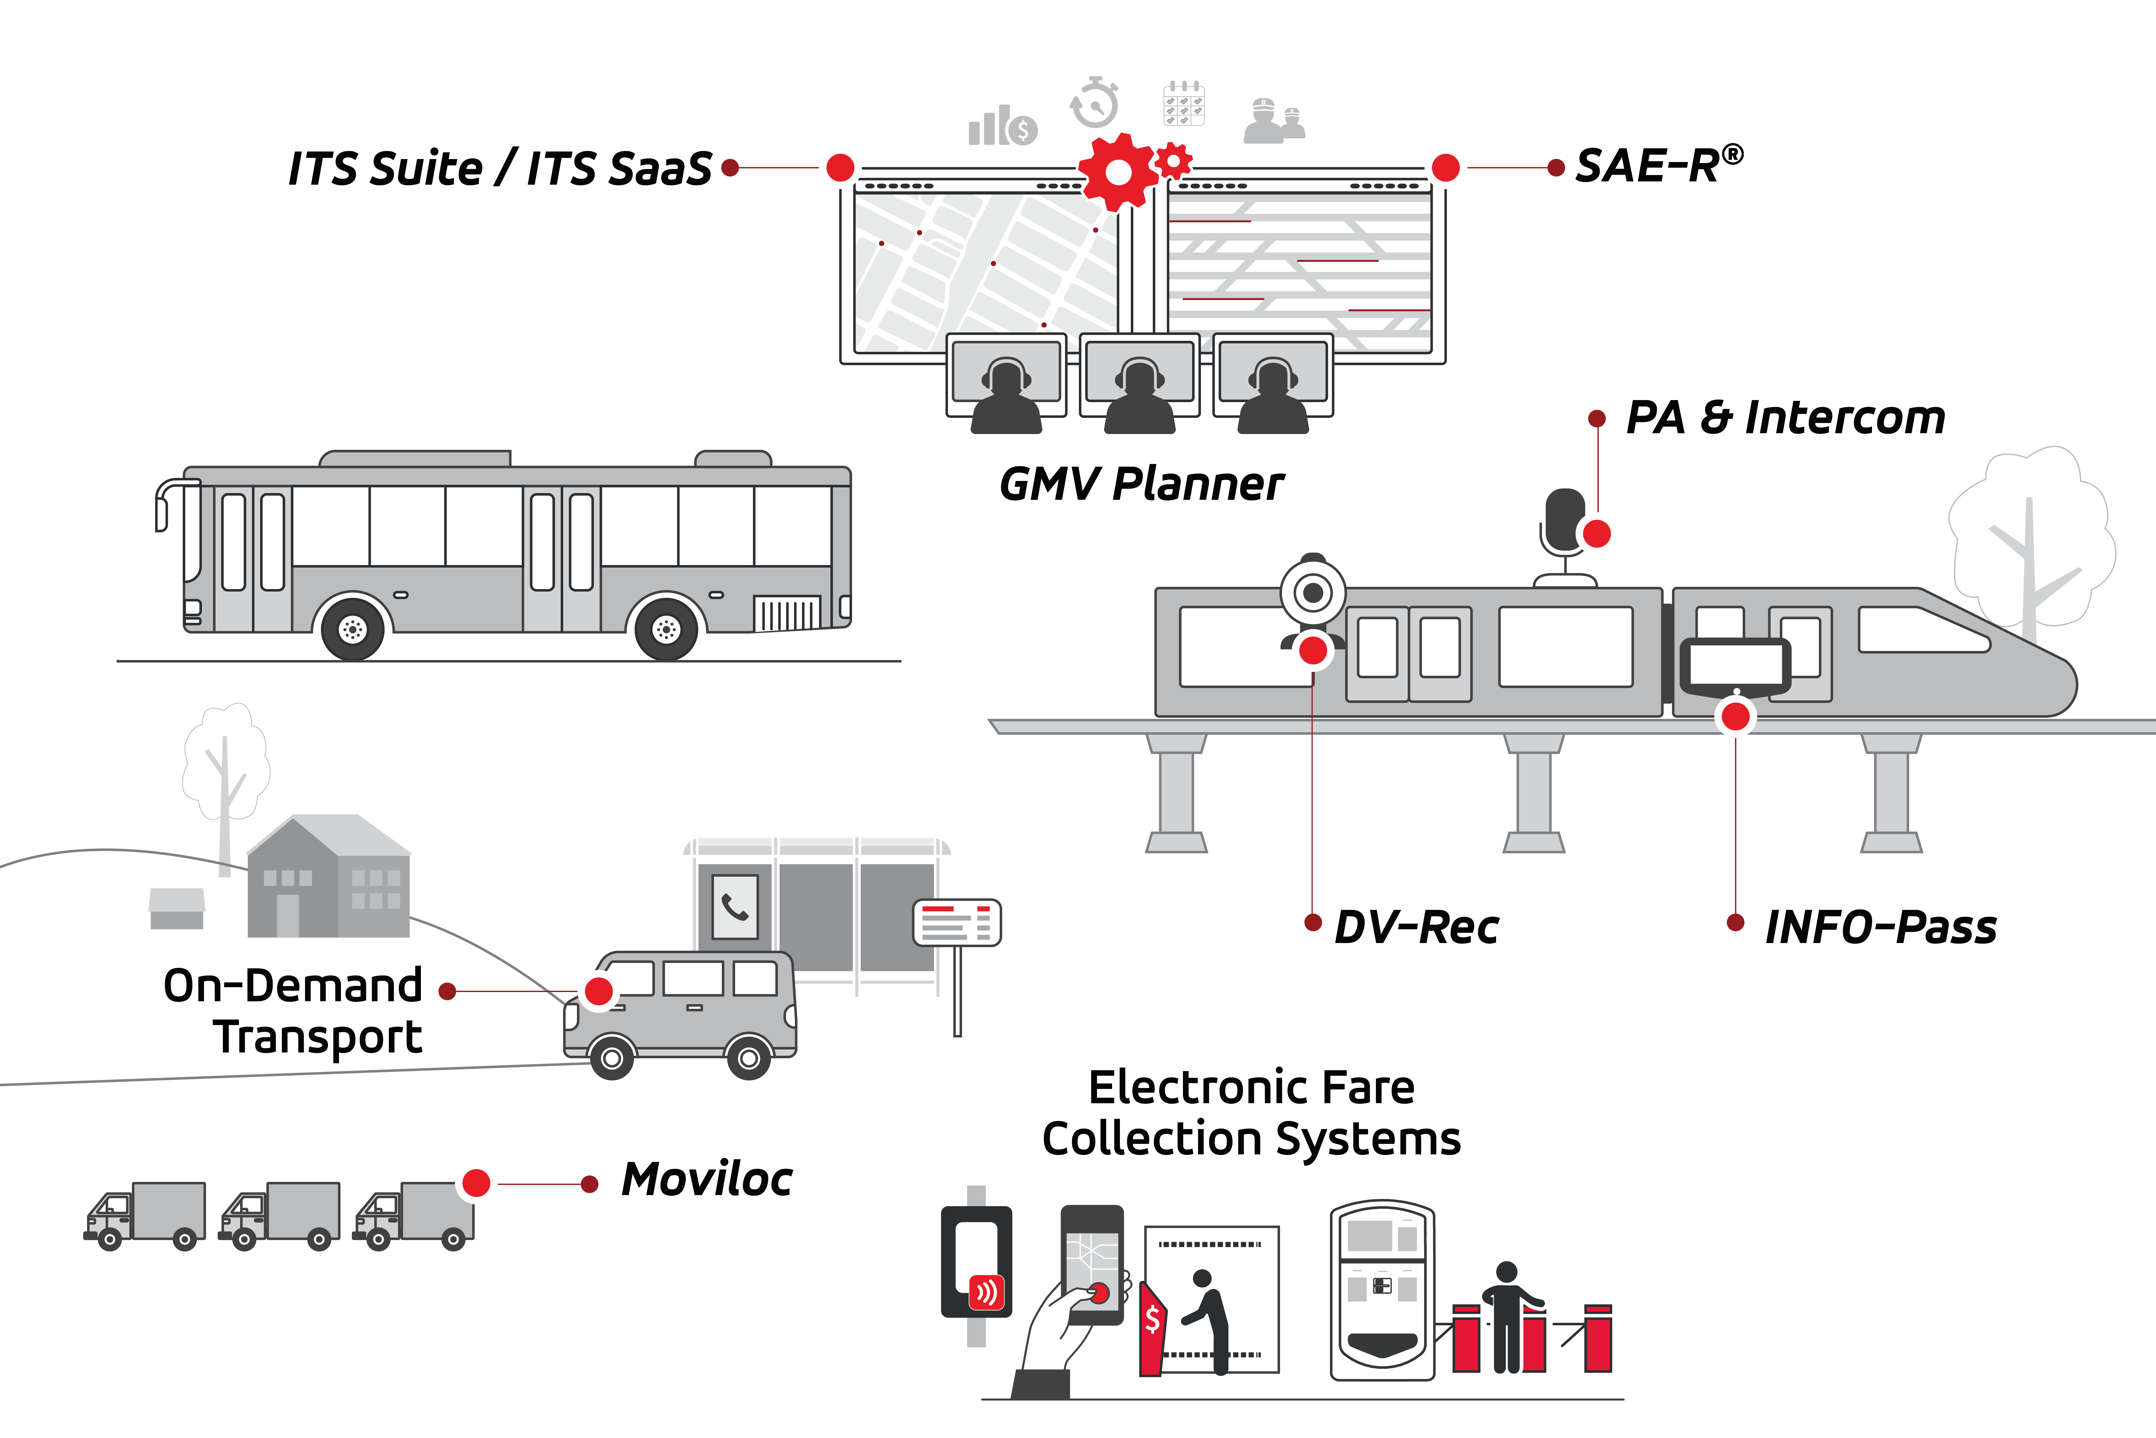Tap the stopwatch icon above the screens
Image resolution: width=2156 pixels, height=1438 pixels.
tap(1095, 103)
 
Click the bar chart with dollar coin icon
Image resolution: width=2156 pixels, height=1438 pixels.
tap(1003, 126)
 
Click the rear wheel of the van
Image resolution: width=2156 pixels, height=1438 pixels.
tap(748, 1058)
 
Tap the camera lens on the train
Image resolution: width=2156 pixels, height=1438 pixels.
tap(1313, 593)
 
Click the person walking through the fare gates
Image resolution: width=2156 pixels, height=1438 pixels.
tap(1509, 1317)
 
